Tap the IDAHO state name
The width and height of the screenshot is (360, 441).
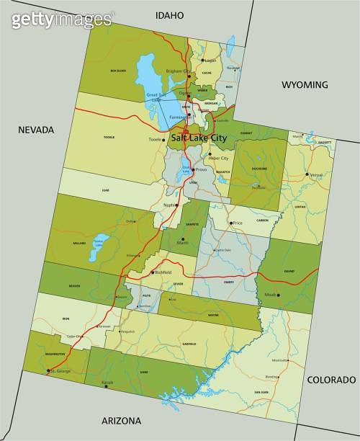click(x=169, y=15)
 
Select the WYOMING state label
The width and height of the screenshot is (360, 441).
click(x=304, y=84)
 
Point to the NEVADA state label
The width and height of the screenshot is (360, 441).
click(x=36, y=130)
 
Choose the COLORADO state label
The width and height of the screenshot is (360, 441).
click(x=331, y=380)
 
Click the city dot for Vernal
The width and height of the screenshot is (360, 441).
click(x=307, y=174)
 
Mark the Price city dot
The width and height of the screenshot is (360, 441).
click(x=231, y=223)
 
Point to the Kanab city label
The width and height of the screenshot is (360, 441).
click(x=107, y=381)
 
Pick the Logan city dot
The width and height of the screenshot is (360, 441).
click(x=202, y=61)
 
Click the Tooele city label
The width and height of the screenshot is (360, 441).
click(x=156, y=139)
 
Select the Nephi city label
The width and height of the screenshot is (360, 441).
click(x=169, y=205)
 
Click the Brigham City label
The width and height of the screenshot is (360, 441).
click(x=178, y=71)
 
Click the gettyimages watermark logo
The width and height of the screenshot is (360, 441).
click(x=62, y=19)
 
